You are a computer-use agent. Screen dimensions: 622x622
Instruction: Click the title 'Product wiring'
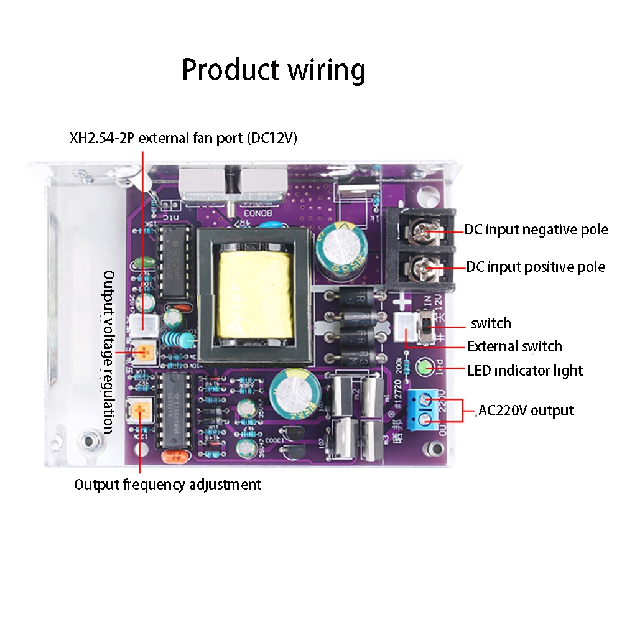(273, 70)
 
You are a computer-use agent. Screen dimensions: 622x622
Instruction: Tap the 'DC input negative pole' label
(536, 230)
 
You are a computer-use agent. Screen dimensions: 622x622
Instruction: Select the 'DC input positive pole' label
(536, 267)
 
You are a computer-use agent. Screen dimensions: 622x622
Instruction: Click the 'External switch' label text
(514, 346)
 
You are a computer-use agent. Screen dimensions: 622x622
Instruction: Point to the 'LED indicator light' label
(525, 371)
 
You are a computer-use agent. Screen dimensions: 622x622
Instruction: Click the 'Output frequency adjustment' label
(168, 484)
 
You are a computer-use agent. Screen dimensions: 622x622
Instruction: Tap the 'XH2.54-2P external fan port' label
(183, 138)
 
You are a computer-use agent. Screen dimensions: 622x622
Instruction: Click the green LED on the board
(424, 368)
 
